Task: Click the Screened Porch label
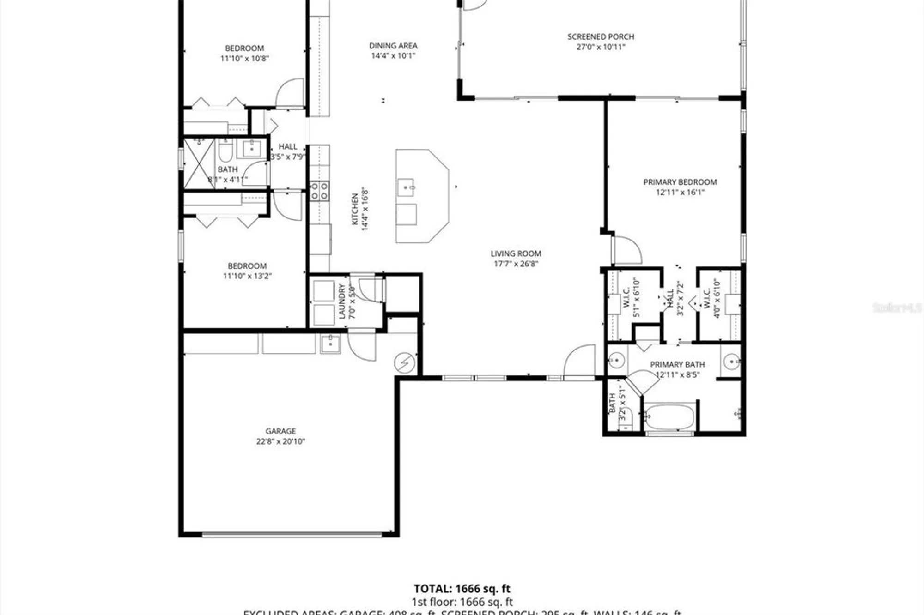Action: click(601, 37)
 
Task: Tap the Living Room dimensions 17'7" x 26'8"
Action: click(516, 264)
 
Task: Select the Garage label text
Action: click(280, 431)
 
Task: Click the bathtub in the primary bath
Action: click(669, 417)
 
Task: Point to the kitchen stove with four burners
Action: click(319, 191)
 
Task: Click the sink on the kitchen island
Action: click(406, 187)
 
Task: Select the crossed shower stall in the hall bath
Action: click(199, 164)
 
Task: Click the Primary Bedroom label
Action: click(680, 182)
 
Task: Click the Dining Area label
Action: click(393, 46)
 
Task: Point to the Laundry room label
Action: click(342, 301)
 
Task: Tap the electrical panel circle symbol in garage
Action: click(404, 362)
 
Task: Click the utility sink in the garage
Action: click(330, 344)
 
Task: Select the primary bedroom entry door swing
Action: click(627, 251)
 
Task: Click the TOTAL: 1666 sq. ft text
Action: click(462, 589)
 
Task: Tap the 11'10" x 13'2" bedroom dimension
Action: click(247, 276)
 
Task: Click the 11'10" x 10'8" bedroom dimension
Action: click(244, 59)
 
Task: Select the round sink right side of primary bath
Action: click(731, 361)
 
